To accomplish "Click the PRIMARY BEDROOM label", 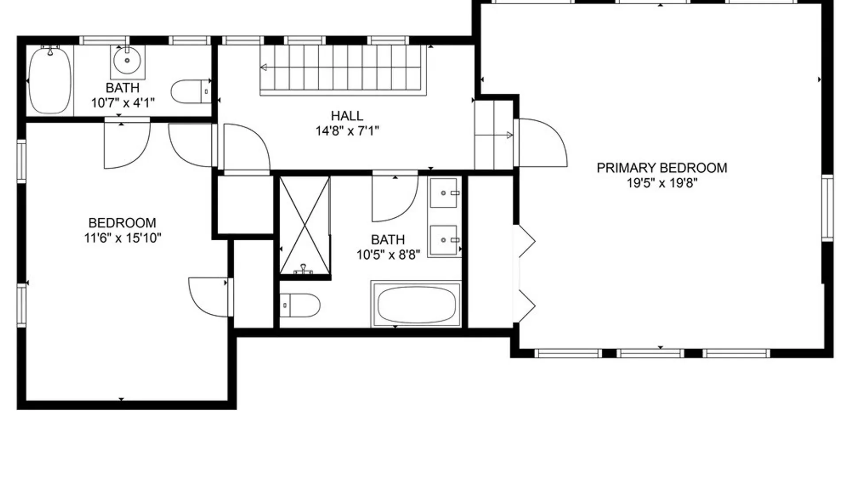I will pos(661,168).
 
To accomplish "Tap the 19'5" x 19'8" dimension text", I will pos(661,183).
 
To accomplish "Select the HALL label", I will pos(347,116).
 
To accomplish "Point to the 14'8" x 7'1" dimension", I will pos(347,131).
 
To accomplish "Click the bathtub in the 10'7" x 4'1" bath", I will pos(50,81).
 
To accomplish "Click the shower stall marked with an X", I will pos(305,225).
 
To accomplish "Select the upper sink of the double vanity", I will pos(444,193).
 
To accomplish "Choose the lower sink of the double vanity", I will pos(444,240).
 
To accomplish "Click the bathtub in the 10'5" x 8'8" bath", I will pos(416,305).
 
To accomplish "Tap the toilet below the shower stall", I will pos(300,305).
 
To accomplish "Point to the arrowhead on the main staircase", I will pos(263,68).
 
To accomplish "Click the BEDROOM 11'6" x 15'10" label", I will pos(122,230).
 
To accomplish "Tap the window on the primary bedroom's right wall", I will pos(827,208).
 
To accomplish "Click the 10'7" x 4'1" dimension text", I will pos(123,103).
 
